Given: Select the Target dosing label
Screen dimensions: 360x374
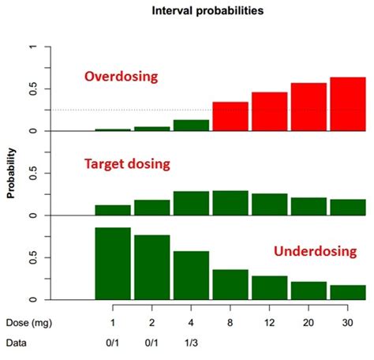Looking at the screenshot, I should click(128, 163).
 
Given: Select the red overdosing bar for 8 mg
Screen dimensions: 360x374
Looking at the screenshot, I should click(230, 116).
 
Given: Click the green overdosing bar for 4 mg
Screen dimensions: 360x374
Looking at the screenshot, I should click(191, 126).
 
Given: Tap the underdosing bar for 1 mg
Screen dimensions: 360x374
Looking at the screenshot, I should click(112, 263).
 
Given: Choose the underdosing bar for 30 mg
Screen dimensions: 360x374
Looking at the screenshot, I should click(347, 292).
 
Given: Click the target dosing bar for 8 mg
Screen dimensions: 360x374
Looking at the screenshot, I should click(230, 203).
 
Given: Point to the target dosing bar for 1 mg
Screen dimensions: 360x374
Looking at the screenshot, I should click(112, 210).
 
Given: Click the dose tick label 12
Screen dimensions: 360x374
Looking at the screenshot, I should click(269, 322).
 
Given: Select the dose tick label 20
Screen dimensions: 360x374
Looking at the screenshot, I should click(308, 322).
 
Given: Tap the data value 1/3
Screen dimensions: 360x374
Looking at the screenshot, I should click(191, 343).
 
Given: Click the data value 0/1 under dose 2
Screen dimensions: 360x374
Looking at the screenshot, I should click(151, 343).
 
